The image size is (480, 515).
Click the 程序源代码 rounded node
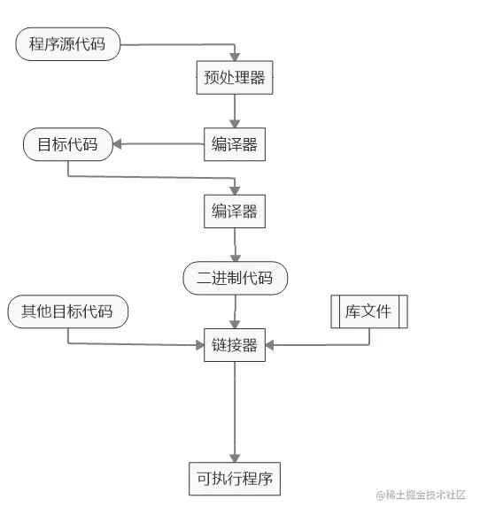[x=66, y=44]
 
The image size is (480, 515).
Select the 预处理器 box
[x=235, y=77]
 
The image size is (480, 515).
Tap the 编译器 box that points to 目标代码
[x=235, y=144]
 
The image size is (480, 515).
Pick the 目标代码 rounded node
[x=68, y=144]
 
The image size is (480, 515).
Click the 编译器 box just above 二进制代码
[x=235, y=211]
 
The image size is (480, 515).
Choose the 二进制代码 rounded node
[x=236, y=279]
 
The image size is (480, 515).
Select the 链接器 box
[x=235, y=345]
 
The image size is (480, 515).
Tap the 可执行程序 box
[x=235, y=480]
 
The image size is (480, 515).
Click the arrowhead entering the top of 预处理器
[x=235, y=56]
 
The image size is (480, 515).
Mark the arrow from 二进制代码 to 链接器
[x=235, y=311]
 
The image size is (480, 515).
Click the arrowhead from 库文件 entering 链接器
[x=270, y=345]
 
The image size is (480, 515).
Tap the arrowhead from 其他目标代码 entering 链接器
[x=200, y=345]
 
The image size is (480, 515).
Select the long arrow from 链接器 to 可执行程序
[x=235, y=411]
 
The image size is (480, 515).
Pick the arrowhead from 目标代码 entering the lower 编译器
[x=235, y=189]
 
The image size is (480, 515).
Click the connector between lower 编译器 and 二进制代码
[x=235, y=245]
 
